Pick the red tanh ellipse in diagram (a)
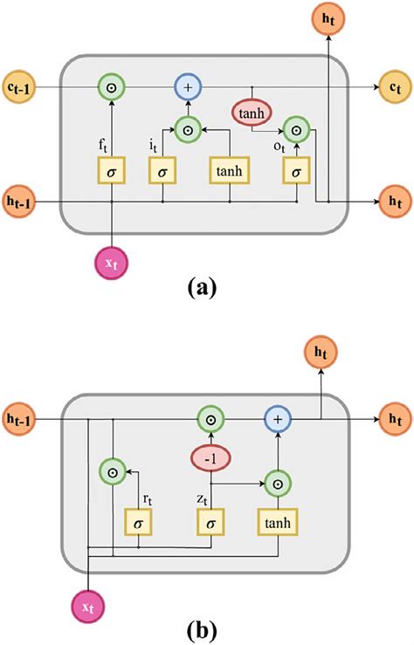[251, 113]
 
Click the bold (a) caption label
[207, 285]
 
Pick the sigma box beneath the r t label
[140, 522]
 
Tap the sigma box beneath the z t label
[210, 522]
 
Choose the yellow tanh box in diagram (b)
[279, 522]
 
